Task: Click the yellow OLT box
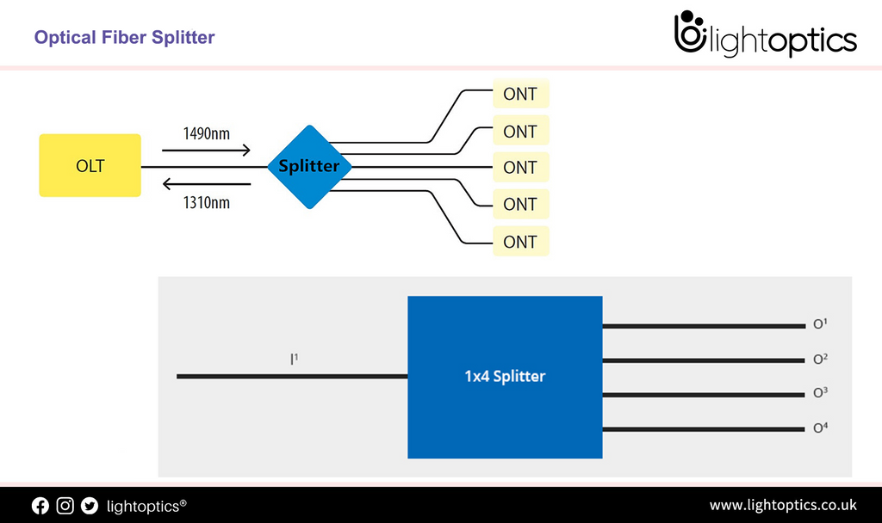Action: tap(90, 165)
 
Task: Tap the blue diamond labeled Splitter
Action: tap(309, 166)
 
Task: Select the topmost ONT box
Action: tap(520, 94)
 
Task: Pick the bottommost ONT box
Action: tap(520, 242)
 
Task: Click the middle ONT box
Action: tap(520, 168)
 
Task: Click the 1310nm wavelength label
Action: tap(206, 203)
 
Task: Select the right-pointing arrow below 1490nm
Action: tap(206, 151)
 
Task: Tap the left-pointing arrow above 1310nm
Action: tap(206, 183)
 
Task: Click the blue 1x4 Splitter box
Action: tap(504, 377)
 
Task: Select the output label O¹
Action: tap(820, 325)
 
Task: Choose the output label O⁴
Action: tap(820, 428)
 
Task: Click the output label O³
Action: tap(820, 393)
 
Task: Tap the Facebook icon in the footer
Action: tap(40, 506)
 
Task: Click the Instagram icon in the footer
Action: tap(65, 506)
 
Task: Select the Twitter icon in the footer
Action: tap(90, 506)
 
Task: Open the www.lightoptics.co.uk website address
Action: tap(782, 505)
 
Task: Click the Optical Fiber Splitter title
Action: tap(124, 37)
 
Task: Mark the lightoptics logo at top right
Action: tap(764, 34)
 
